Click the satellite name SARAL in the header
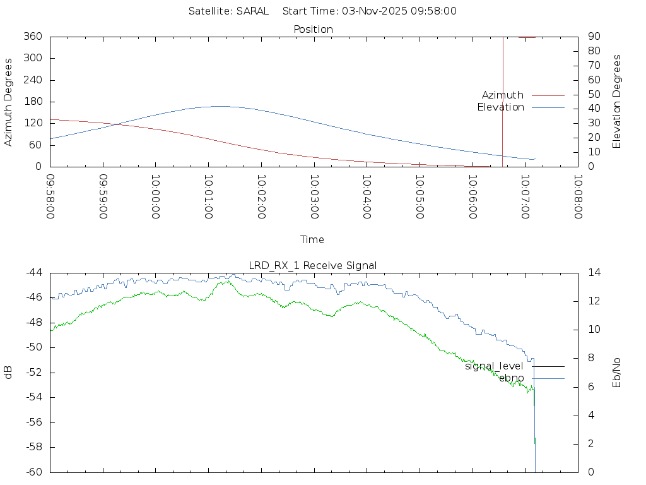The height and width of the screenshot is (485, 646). tap(253, 11)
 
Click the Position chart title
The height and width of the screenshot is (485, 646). tap(313, 29)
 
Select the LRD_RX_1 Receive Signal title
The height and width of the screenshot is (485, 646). tap(313, 265)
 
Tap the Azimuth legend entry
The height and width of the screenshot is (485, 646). tap(503, 95)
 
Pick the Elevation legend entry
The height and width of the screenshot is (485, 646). tap(500, 107)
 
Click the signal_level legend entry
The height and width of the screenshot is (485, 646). tap(494, 366)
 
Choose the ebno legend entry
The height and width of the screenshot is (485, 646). tap(511, 378)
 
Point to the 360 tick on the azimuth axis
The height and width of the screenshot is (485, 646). tap(33, 37)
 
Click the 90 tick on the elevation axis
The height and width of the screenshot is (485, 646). tap(593, 37)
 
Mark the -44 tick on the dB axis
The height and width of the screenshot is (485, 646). tap(33, 273)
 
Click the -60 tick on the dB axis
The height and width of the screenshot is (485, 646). tap(33, 472)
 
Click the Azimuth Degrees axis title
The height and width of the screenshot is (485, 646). tap(9, 102)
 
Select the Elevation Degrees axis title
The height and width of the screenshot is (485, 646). tap(617, 102)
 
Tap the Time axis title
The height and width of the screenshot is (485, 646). tap(312, 239)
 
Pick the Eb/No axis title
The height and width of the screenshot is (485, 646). tap(617, 373)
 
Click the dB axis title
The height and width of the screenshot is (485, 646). tap(9, 373)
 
